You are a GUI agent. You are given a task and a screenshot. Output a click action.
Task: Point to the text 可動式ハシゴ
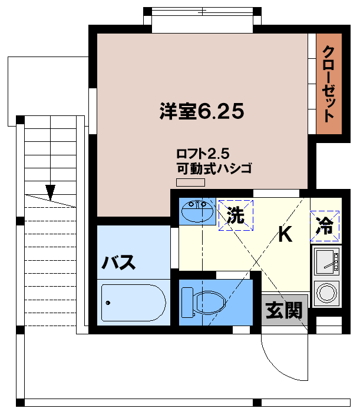[214, 169]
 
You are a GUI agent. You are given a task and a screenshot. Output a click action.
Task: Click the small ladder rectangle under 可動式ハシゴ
[191, 182]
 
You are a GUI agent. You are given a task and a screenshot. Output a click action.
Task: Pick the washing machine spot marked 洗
[236, 215]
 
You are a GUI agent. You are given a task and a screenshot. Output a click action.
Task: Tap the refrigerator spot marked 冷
[325, 225]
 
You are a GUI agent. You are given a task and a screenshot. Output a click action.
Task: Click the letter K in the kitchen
[285, 234]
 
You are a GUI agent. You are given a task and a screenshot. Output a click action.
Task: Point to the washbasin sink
[197, 212]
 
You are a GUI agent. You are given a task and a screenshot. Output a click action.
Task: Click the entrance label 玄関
[285, 310]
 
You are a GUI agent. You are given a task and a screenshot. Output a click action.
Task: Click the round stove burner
[326, 293]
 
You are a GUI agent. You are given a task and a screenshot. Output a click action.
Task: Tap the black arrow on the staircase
[50, 192]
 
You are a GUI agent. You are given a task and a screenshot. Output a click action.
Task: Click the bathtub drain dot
[108, 303]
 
